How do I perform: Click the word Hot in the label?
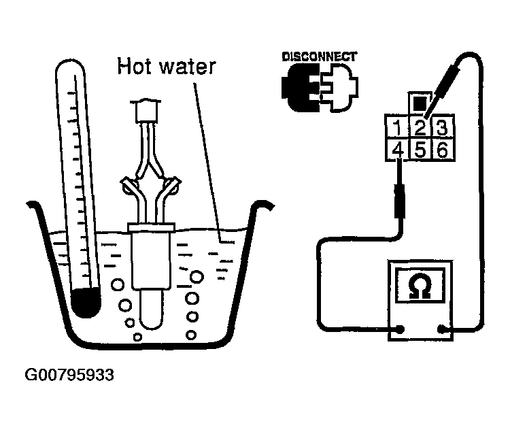pyautogui.click(x=135, y=67)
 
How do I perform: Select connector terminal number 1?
pyautogui.click(x=396, y=127)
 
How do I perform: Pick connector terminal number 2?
pyautogui.click(x=420, y=127)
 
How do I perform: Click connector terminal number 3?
pyautogui.click(x=441, y=127)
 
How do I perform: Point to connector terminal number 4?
pyautogui.click(x=396, y=149)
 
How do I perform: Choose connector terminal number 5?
pyautogui.click(x=420, y=149)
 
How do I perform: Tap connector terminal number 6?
pyautogui.click(x=441, y=149)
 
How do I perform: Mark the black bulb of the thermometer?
pyautogui.click(x=87, y=301)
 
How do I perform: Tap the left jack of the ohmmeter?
pyautogui.click(x=400, y=330)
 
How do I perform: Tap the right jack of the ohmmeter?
pyautogui.click(x=442, y=330)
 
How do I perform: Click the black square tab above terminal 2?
pyautogui.click(x=420, y=104)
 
